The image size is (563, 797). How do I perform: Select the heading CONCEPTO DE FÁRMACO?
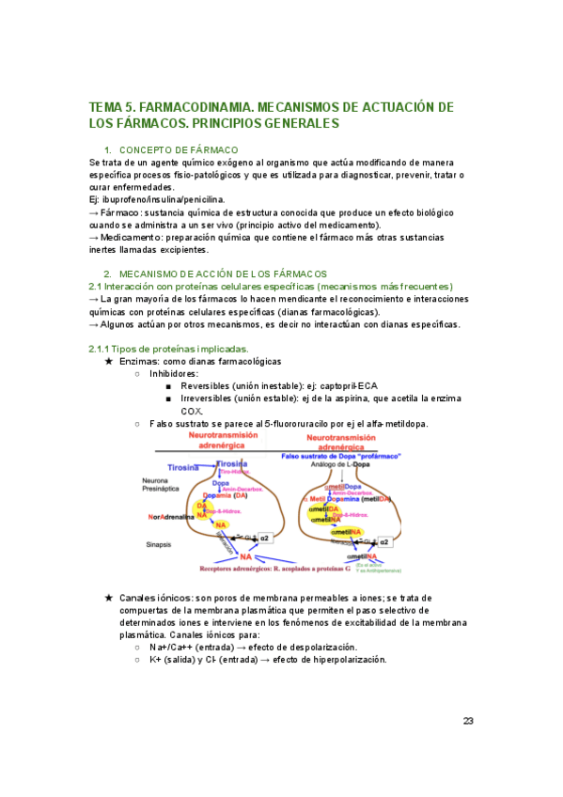click(x=179, y=150)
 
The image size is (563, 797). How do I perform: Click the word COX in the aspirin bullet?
click(x=191, y=412)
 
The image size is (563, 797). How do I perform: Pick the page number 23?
click(x=468, y=721)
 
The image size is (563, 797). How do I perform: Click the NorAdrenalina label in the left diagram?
click(x=169, y=516)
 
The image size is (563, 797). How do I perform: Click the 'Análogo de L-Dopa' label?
click(x=350, y=465)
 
